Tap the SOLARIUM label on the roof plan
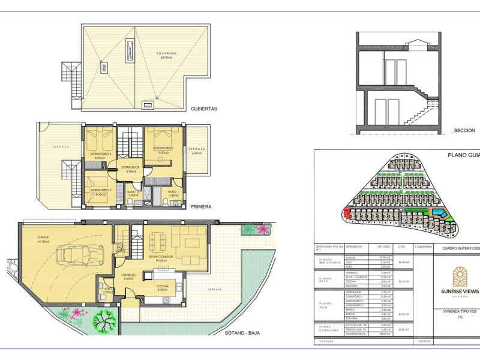click(x=168, y=53)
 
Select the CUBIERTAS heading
click(x=203, y=109)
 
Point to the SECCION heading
click(x=464, y=130)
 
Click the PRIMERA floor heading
click(x=200, y=206)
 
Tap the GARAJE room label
click(x=34, y=238)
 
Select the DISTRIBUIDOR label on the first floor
click(x=130, y=167)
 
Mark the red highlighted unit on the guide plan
click(x=346, y=211)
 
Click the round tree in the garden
click(x=103, y=322)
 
